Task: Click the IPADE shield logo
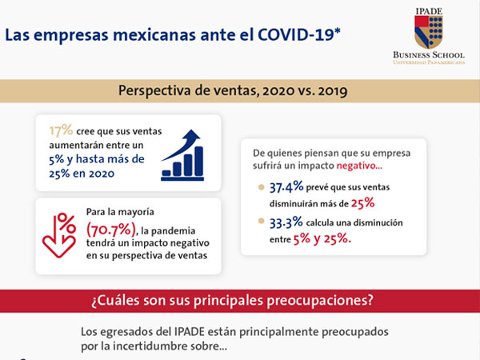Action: (x=429, y=32)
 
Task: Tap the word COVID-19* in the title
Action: (x=299, y=34)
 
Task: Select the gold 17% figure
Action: (x=62, y=130)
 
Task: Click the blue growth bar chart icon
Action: (x=182, y=155)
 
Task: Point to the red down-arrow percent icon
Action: (x=59, y=235)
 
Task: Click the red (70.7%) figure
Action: (x=111, y=230)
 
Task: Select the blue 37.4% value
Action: (x=286, y=186)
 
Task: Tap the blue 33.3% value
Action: (x=286, y=222)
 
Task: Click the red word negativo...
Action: (x=359, y=166)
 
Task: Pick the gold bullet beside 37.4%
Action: (x=261, y=187)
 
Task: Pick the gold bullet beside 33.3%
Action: (x=261, y=221)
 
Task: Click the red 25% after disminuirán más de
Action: (x=362, y=203)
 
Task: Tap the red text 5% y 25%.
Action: (x=322, y=239)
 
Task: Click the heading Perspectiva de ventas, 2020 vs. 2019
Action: (x=233, y=90)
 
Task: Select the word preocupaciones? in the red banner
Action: (x=320, y=301)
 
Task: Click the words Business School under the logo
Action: (x=429, y=55)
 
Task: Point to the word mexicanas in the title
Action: (x=154, y=34)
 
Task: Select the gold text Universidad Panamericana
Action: (x=429, y=62)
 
